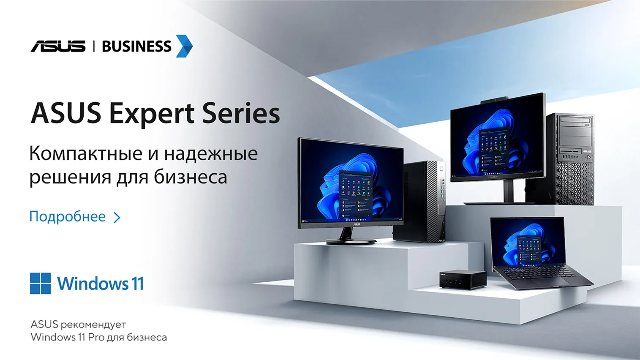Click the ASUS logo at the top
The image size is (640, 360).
tap(58, 46)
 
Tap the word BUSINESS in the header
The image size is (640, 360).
tap(136, 46)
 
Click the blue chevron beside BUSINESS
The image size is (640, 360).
tap(184, 46)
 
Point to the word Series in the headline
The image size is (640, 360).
tap(241, 113)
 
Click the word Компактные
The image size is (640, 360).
tap(86, 153)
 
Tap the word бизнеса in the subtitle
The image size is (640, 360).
tap(191, 177)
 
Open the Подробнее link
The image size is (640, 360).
tap(68, 217)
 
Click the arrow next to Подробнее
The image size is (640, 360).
tap(117, 218)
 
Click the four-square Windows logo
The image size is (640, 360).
tap(41, 284)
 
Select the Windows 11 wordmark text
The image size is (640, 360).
tap(100, 284)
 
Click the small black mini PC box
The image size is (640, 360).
tap(463, 279)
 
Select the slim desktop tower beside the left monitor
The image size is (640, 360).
tap(420, 202)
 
